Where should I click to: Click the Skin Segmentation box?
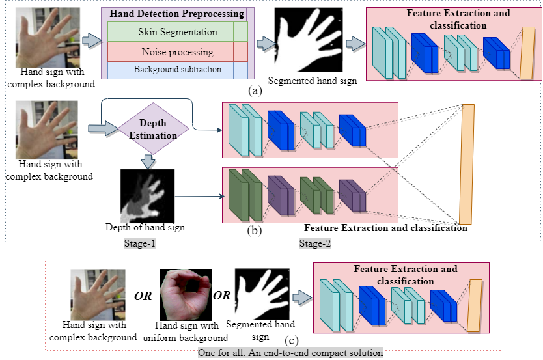click(178, 32)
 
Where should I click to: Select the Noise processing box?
click(178, 51)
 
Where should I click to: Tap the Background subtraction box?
click(178, 69)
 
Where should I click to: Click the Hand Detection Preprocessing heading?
click(177, 14)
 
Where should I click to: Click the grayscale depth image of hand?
click(148, 195)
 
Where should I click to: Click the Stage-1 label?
click(140, 243)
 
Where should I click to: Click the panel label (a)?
click(255, 90)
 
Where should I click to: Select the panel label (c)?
click(292, 340)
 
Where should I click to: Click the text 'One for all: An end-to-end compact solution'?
click(291, 353)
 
